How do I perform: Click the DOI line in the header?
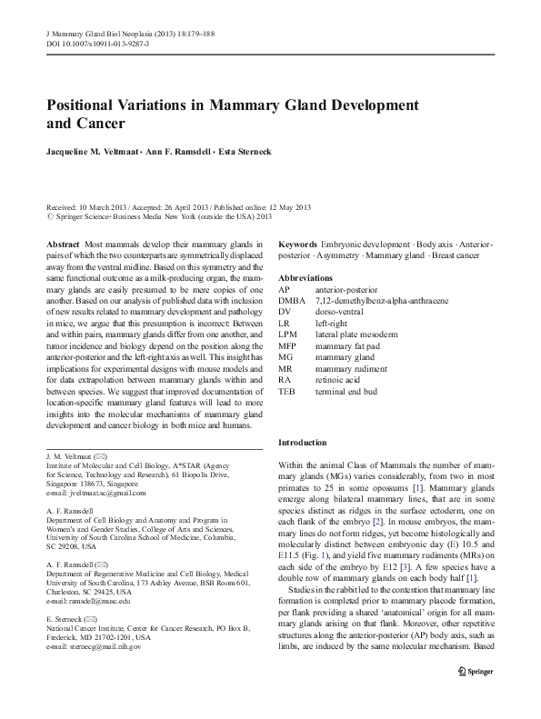point(96,43)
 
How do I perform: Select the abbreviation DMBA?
point(293,299)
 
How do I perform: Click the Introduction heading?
point(302,443)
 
